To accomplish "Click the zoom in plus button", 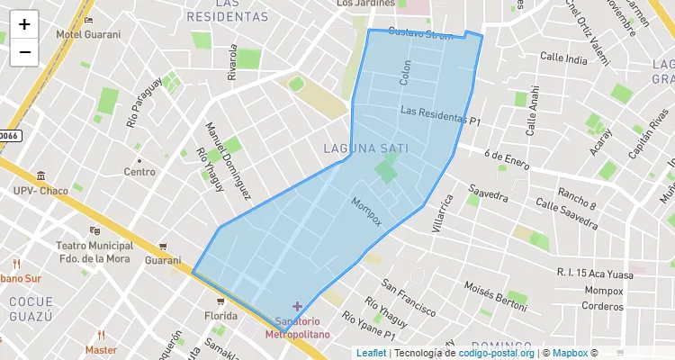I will (x=24, y=24).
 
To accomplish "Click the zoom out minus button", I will (x=24, y=52).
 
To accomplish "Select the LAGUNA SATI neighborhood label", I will (x=364, y=148).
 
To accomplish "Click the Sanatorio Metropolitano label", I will (x=297, y=328).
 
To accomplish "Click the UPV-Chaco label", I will (x=41, y=191).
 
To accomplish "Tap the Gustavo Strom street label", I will (x=421, y=34).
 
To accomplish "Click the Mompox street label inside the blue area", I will (x=366, y=211).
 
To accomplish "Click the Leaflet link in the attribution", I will (x=371, y=353).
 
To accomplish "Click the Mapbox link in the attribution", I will (x=570, y=353).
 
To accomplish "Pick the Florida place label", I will (x=220, y=316).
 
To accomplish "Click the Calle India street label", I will (x=564, y=57).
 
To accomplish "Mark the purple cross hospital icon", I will (x=297, y=307).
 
